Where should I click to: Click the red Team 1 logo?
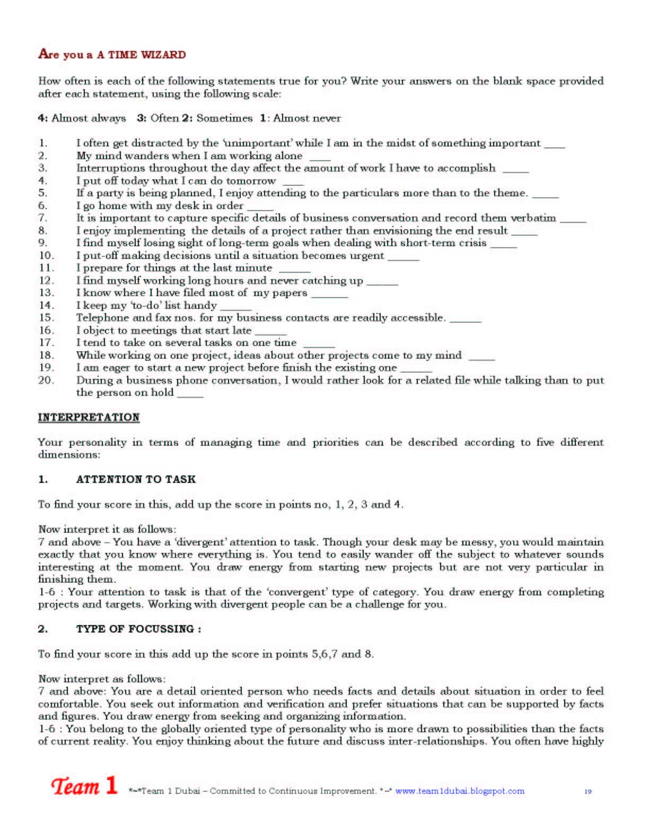84,785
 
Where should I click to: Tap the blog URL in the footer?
459,791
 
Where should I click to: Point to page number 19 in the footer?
587,791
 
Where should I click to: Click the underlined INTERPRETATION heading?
89,417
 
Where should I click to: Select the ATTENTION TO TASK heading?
136,479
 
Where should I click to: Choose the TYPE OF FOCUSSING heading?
138,629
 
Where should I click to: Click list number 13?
46,292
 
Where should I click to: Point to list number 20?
46,380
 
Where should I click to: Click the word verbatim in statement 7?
533,218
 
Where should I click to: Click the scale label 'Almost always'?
89,118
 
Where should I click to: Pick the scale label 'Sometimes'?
224,118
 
